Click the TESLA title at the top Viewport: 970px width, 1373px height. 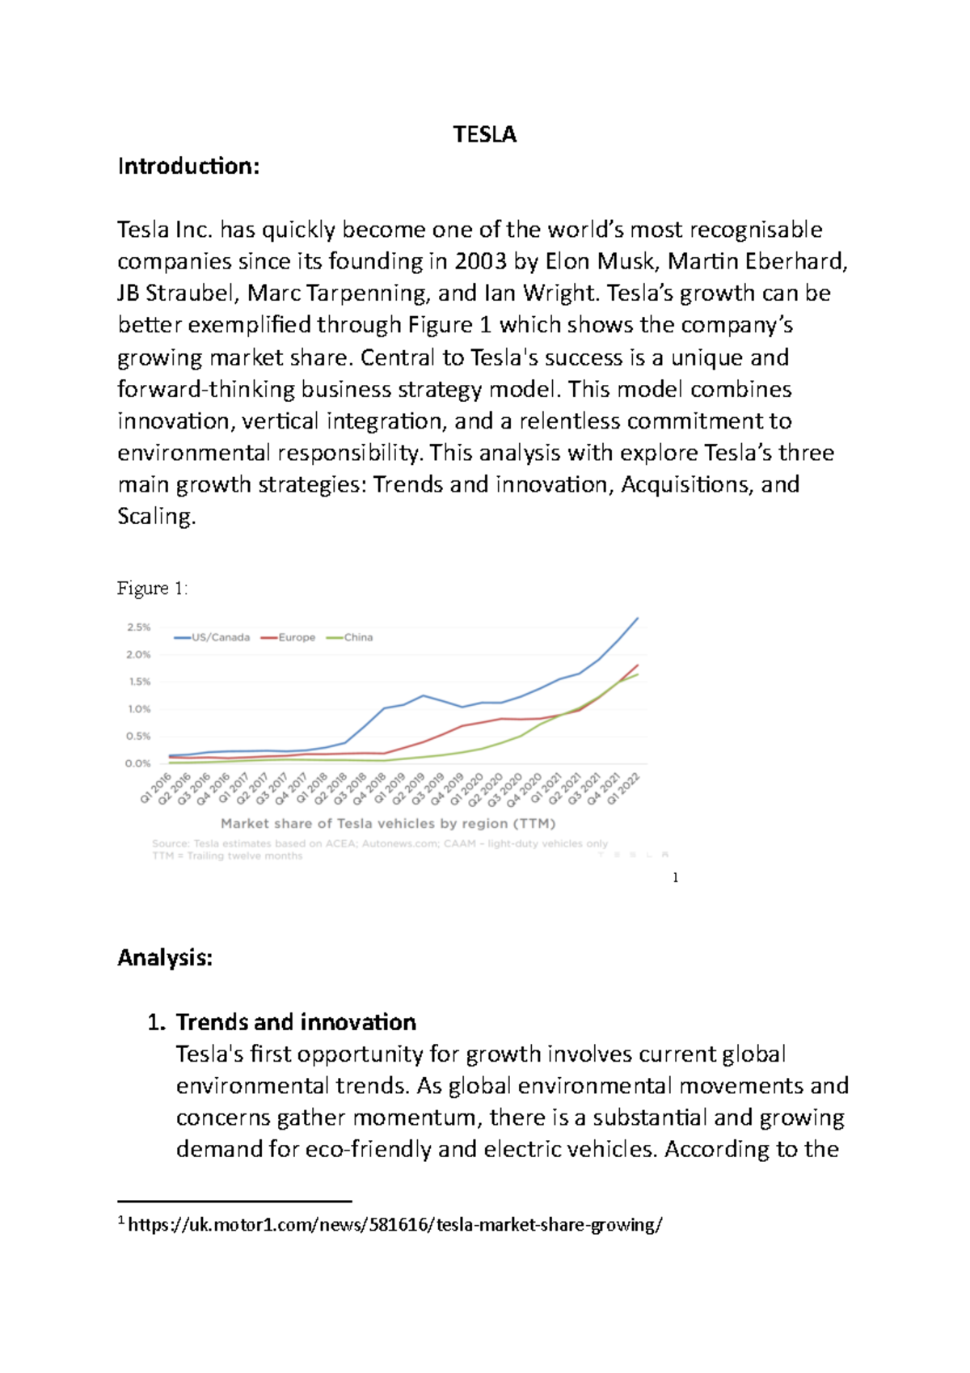[x=484, y=134]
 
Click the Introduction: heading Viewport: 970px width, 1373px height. [x=188, y=167]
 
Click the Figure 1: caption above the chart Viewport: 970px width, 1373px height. [x=152, y=588]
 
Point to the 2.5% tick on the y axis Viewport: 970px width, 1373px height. [x=138, y=627]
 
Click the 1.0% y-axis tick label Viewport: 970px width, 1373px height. [x=138, y=709]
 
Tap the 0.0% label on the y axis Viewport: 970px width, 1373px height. [x=138, y=763]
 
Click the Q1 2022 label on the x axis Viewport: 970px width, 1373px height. [x=624, y=788]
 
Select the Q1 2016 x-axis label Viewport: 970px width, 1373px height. [x=155, y=788]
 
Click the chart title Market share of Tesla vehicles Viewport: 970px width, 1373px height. [x=388, y=824]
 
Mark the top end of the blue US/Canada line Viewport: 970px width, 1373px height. [x=638, y=619]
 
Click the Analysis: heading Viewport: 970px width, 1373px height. [x=165, y=958]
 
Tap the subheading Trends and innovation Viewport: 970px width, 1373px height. [x=296, y=1022]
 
